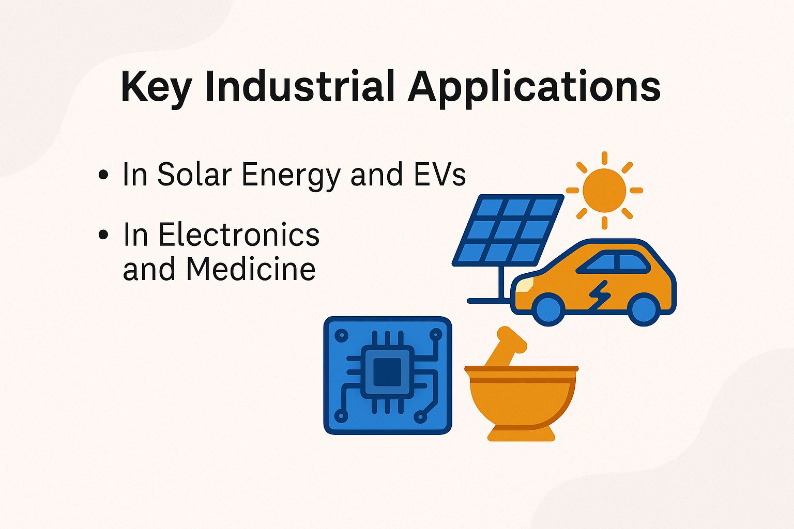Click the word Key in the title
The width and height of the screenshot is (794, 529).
pos(156,87)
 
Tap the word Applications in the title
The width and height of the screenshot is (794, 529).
pos(533,87)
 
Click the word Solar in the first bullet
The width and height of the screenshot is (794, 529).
pos(194,174)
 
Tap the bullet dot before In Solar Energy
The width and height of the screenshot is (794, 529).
pos(103,175)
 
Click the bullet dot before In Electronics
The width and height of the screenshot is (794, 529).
pos(103,235)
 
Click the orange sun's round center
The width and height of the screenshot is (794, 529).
pos(604,190)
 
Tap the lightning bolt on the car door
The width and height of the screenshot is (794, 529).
pos(600,295)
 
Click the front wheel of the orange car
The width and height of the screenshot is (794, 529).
pos(548,309)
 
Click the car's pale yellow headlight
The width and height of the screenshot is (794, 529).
pos(524,285)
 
